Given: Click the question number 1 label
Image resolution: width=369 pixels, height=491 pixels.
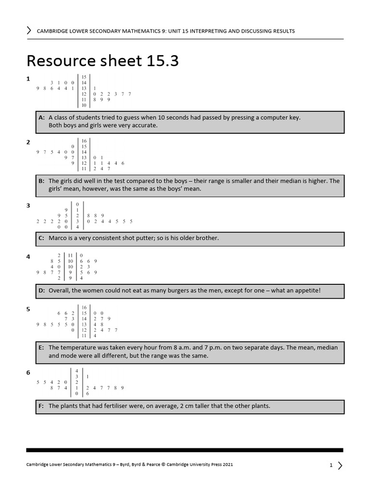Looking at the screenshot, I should (x=28, y=79).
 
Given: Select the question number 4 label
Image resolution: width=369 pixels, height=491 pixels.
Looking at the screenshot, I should (x=28, y=257).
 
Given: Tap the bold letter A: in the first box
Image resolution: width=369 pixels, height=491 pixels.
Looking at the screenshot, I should (x=41, y=117).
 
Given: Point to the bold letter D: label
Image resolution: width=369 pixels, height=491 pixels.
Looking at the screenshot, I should (x=41, y=291).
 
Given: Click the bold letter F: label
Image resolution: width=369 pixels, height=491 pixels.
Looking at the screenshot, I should (x=41, y=406).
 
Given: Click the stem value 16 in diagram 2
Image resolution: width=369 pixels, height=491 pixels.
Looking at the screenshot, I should (x=84, y=140).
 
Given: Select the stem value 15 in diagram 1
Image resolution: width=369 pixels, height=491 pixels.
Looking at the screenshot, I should (x=84, y=77).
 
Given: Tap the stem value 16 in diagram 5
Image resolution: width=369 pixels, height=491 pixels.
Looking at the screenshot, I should (x=84, y=307).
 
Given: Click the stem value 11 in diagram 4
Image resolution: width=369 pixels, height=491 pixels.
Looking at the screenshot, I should (x=70, y=255).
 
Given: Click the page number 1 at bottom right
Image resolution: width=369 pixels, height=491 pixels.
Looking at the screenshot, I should (x=331, y=465).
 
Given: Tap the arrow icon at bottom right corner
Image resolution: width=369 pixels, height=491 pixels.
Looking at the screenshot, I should (x=340, y=465).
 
